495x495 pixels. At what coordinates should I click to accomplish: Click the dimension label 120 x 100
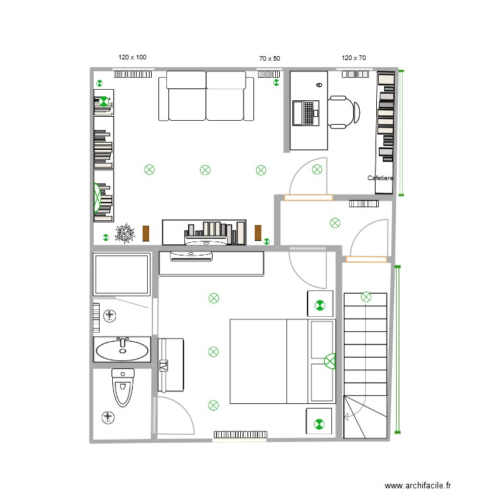[132, 57]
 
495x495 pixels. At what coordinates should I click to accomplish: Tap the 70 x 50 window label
[269, 59]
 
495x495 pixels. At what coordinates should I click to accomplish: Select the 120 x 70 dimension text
[354, 58]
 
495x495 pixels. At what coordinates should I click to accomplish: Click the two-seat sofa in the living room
[206, 97]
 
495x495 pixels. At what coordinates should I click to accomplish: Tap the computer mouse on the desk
[319, 85]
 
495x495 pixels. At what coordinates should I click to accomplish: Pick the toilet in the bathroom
[123, 387]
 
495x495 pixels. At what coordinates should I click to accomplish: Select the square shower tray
[121, 274]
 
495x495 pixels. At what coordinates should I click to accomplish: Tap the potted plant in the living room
[124, 234]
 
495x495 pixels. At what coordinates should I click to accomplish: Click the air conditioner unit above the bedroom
[191, 256]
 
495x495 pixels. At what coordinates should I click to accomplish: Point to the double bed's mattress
[258, 361]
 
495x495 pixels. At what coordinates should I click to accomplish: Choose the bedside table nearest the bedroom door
[319, 304]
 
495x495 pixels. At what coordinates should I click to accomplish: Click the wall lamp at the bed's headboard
[330, 361]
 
